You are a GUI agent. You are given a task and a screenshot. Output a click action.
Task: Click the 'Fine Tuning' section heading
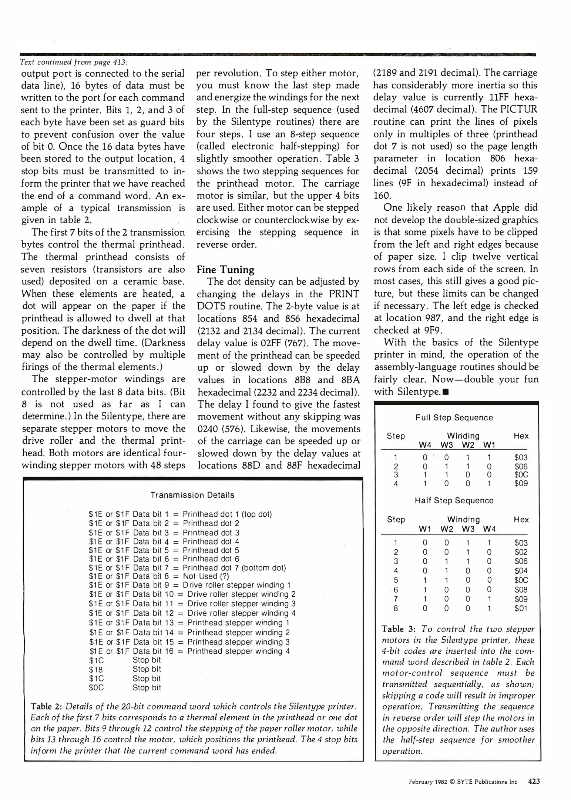tap(225, 270)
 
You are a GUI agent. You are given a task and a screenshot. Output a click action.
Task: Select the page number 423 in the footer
tap(534, 781)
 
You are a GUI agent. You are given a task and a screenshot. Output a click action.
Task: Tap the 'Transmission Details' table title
tap(192, 495)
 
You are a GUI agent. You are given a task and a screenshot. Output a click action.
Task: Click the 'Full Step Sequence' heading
tap(454, 418)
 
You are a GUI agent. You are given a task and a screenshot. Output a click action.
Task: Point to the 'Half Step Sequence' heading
tap(454, 501)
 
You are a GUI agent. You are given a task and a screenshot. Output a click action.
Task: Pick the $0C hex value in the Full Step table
tap(521, 475)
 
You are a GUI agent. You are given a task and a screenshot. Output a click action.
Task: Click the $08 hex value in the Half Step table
tap(521, 590)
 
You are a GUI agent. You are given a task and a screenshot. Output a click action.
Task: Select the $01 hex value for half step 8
tap(521, 608)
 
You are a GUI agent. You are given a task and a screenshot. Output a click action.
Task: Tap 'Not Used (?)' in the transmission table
tap(206, 576)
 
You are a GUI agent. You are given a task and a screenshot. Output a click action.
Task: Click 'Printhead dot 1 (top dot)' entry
tap(227, 514)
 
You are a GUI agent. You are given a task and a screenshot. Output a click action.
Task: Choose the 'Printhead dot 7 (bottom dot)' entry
tap(234, 568)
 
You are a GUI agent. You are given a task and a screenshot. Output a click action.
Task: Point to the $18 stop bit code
tap(96, 670)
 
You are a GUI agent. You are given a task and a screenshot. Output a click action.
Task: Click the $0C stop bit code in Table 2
tap(96, 688)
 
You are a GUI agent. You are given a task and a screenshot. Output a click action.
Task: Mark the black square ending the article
tap(446, 392)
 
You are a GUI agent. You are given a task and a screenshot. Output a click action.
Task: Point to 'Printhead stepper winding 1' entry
tap(238, 623)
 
